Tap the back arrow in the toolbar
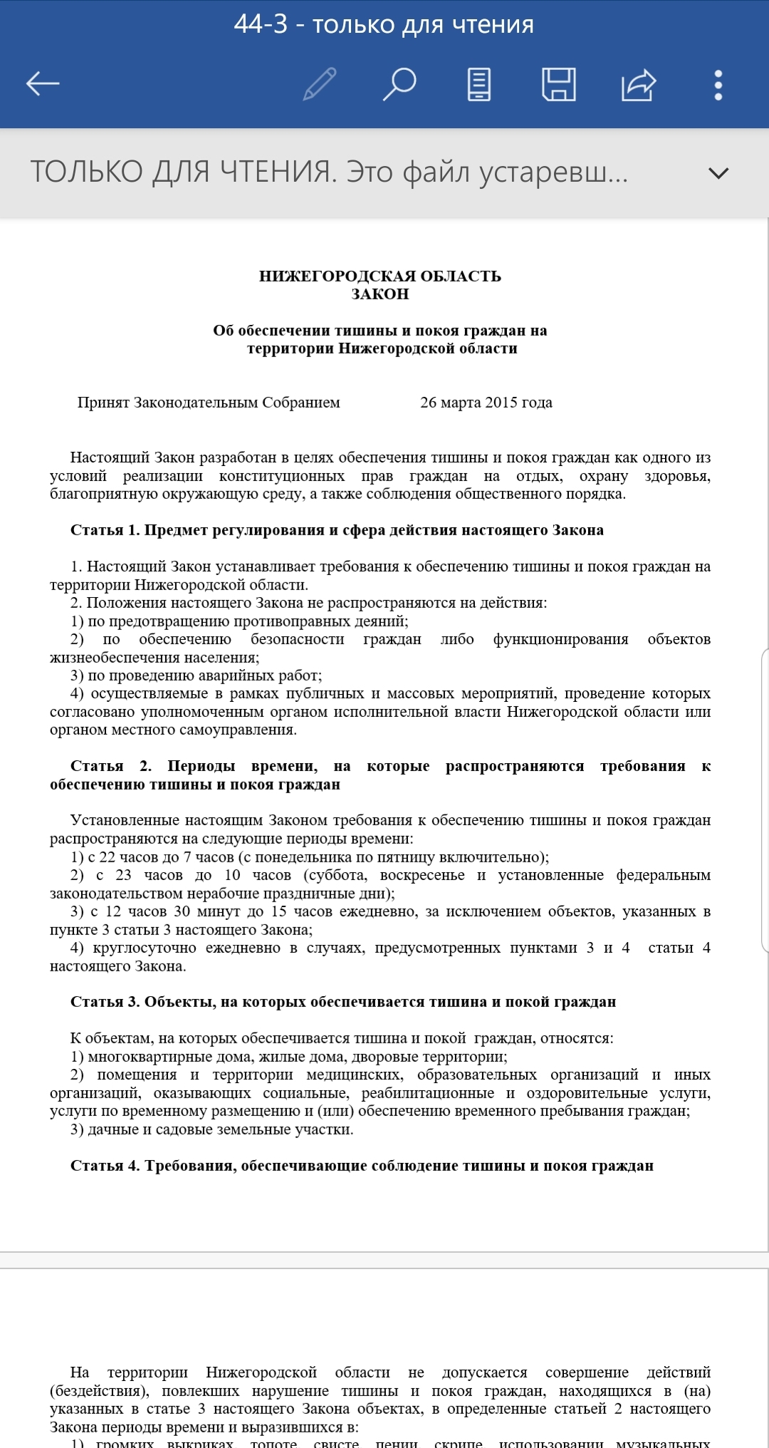43,84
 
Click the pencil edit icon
320,84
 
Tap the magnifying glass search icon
399,84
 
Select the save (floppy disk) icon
559,84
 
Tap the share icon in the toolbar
638,84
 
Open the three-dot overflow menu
718,84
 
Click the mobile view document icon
478,84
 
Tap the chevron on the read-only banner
718,172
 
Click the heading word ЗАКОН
380,294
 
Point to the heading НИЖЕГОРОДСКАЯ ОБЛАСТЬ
380,276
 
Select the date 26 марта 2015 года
486,403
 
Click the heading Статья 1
105,529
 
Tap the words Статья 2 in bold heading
110,766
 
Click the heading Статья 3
105,1002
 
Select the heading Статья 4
105,1166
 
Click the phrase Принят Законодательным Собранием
209,403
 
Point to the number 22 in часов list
107,857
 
